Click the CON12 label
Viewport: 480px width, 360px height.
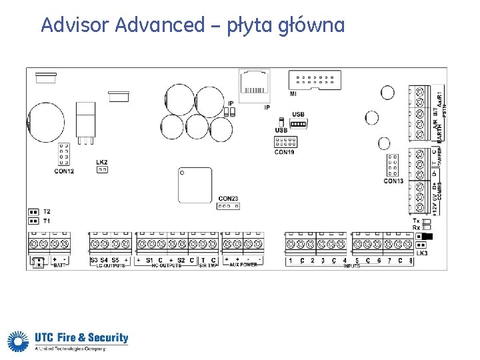[64, 172]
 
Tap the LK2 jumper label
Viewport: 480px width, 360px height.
[102, 162]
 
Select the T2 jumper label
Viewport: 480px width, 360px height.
[47, 211]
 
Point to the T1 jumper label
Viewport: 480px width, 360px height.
[47, 220]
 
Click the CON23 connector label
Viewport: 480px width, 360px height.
[228, 199]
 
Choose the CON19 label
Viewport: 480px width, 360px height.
[284, 153]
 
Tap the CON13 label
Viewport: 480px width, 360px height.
[393, 181]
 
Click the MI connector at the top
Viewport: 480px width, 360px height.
[315, 80]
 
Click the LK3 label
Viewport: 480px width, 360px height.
[421, 254]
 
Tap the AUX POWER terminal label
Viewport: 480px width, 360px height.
[243, 265]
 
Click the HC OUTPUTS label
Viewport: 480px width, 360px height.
[166, 265]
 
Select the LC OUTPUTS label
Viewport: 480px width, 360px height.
[110, 265]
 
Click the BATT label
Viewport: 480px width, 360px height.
[59, 265]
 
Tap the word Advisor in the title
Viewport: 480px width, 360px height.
[75, 25]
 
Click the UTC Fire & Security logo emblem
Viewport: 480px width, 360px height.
[17, 341]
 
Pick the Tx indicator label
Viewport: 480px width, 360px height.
[416, 221]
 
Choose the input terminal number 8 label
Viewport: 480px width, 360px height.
[411, 261]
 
